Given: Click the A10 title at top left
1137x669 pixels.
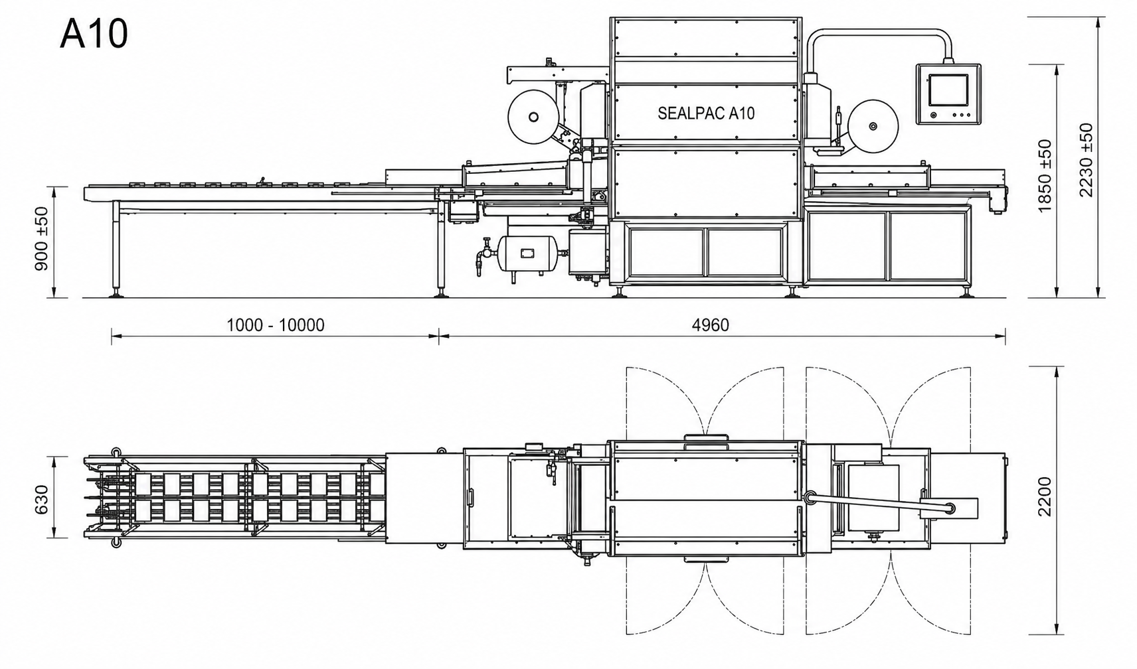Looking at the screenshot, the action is pos(94,35).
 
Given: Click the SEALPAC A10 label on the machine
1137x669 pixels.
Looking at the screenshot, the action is pos(705,113).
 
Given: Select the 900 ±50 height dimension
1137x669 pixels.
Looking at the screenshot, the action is pos(42,239).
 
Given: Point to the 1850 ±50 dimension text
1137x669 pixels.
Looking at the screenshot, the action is pos(1045,175).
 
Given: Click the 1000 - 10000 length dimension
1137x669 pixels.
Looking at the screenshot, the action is pos(275,325).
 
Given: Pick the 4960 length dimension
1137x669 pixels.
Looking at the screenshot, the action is pos(710,325).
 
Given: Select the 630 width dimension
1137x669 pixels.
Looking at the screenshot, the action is pos(42,500).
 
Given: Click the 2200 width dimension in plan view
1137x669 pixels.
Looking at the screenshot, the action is pos(1045,496).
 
